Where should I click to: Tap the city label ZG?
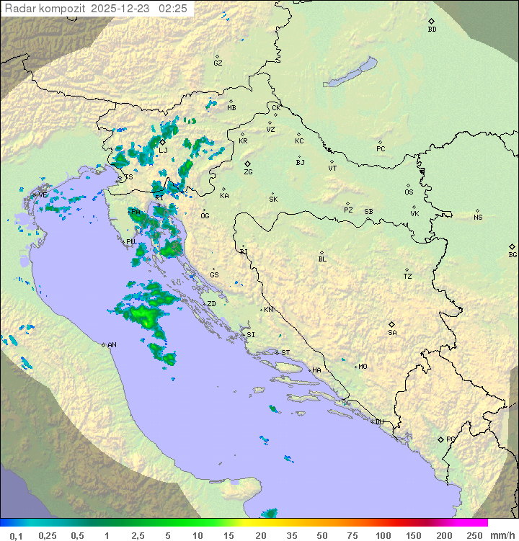pos(248,173)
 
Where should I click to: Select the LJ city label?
pos(163,151)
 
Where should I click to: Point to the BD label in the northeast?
pos(432,30)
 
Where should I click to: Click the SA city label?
pos(392,333)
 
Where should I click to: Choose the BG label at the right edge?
pos(513,255)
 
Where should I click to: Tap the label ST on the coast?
pos(285,353)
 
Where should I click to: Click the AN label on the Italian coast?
pos(112,345)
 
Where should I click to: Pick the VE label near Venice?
pos(43,195)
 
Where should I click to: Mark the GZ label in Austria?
pos(218,63)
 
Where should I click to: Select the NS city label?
pos(478,218)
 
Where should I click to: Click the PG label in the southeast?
pos(451,439)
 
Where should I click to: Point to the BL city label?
pos(322,259)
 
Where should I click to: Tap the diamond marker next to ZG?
pos(247,164)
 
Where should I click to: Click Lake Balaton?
pos(350,73)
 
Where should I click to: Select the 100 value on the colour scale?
pos(383,535)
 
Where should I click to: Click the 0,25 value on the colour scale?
pos(48,535)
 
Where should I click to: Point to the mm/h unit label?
pos(502,535)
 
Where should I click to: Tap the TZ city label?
pos(408,277)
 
